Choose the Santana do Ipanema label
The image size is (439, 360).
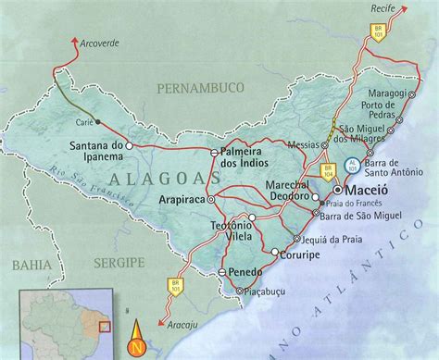tap(97, 151)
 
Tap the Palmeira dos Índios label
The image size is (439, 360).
tap(245, 156)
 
